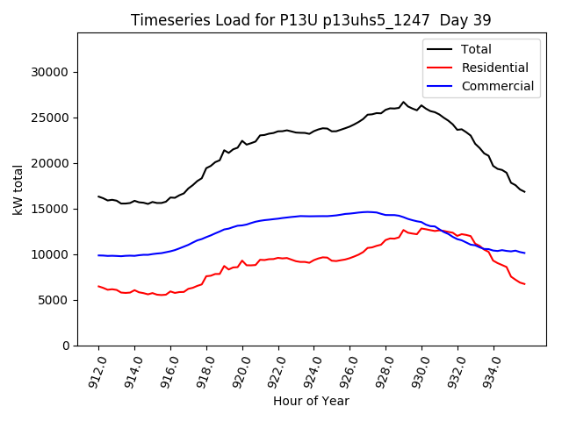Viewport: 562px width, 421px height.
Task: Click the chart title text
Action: point(311,20)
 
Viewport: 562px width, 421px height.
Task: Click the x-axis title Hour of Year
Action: point(311,402)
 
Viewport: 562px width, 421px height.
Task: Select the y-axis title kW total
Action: point(18,189)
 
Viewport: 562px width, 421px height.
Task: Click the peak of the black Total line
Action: point(404,102)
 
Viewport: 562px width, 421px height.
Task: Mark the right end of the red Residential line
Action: point(524,284)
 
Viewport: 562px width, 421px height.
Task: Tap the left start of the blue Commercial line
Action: point(98,255)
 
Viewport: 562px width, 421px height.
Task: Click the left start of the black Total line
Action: point(98,196)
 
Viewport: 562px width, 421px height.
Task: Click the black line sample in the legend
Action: point(441,49)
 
